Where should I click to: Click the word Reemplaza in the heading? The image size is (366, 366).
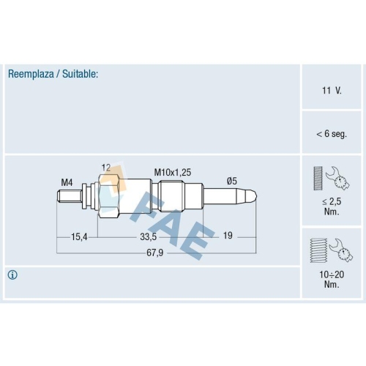[31, 74]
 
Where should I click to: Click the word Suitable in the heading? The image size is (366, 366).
[79, 74]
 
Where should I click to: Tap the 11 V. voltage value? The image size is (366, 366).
[332, 91]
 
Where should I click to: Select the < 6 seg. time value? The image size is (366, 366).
[332, 134]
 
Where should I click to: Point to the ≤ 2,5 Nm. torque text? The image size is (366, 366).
[332, 206]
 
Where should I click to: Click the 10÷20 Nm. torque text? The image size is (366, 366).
[332, 280]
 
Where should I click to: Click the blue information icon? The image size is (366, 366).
[12, 275]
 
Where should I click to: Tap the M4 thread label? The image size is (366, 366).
[67, 182]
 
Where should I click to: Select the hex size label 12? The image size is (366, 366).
[106, 168]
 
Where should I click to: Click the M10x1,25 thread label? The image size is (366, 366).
[173, 173]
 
